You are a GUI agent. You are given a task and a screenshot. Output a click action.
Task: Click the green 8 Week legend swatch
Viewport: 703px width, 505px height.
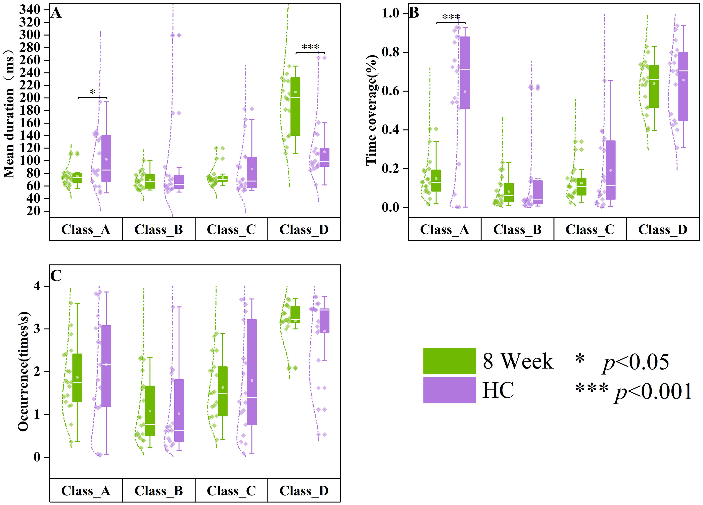coord(450,361)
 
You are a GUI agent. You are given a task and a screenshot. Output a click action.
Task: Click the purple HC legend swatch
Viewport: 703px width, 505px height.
coord(450,390)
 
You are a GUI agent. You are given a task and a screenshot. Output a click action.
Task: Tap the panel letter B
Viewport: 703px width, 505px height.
coord(414,13)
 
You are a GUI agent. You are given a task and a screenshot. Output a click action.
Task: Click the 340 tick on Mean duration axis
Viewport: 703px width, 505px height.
coord(30,10)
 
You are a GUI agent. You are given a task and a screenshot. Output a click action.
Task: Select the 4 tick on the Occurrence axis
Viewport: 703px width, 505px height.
coord(37,286)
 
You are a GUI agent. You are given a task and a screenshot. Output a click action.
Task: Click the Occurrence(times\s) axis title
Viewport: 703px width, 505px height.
coord(23,372)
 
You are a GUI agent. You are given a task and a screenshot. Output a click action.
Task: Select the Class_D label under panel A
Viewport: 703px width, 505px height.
coord(304,230)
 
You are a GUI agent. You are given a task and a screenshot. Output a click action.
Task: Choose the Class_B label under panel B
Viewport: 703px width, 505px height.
coord(517,230)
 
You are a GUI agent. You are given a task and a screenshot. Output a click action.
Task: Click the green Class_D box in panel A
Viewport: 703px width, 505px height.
coord(295,106)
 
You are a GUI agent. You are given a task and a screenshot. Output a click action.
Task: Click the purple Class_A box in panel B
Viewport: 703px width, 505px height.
coord(465,73)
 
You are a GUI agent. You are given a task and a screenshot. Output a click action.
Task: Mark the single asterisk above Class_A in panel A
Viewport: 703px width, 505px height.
coord(93,92)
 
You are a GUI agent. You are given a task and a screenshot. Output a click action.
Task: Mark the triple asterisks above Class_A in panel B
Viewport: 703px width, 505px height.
coord(451,17)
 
